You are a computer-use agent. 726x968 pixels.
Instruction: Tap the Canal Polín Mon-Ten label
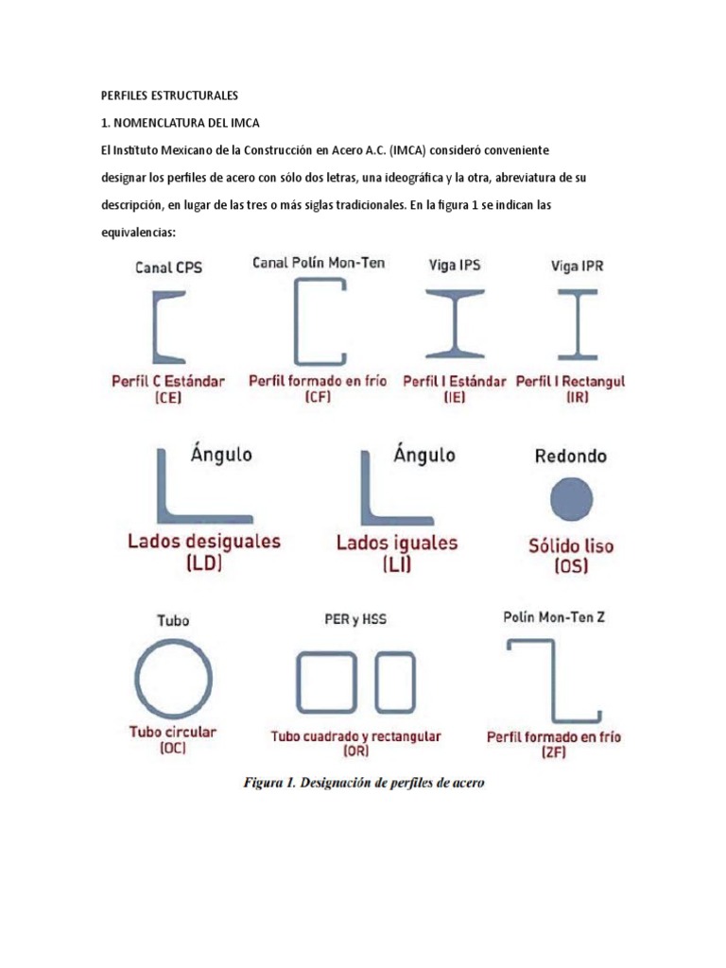319,263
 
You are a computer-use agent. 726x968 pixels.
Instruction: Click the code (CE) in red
168,398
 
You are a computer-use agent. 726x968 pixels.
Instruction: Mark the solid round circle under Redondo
572,498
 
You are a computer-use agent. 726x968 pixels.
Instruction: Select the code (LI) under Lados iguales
397,565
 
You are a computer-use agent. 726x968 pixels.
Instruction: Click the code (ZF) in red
553,753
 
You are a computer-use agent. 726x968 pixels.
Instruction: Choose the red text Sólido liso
572,546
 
